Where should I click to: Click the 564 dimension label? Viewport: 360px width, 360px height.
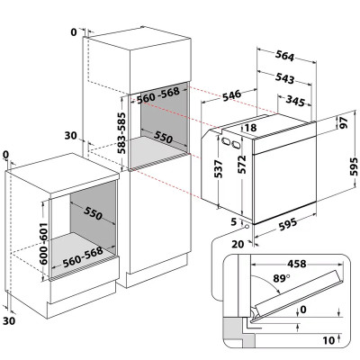coord(284,56)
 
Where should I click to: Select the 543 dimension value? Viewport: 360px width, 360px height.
coord(284,78)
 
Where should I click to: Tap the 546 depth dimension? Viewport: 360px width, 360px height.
coord(231,95)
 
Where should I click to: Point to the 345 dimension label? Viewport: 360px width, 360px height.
coord(295,101)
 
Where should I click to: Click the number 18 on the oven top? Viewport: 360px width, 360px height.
coord(250,128)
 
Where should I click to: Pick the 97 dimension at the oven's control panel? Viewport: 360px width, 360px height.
coord(343,122)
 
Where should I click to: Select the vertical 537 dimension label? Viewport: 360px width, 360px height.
coord(220,169)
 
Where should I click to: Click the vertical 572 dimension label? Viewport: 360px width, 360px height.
coord(241,165)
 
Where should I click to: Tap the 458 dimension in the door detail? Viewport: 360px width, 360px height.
coord(297,264)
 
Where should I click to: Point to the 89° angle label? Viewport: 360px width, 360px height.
coord(279,278)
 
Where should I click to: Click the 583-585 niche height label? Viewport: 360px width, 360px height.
coord(121,132)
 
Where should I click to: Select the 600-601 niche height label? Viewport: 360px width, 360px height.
coord(44,243)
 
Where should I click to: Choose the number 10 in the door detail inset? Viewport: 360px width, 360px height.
coord(328,340)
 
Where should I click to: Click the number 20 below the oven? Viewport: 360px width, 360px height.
coord(238,245)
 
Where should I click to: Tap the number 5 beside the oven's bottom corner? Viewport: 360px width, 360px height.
coord(234,222)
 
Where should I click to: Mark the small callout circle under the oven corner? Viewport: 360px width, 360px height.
coord(247,226)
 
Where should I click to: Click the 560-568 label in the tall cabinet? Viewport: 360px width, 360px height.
coord(158,95)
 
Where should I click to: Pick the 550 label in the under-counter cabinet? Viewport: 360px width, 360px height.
coord(93,212)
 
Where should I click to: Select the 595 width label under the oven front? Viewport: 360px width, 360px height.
coord(288,224)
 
